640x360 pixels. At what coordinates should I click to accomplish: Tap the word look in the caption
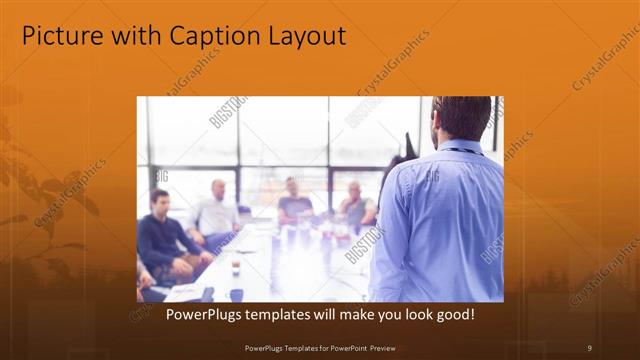(409, 314)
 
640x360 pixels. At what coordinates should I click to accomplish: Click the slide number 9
(589, 347)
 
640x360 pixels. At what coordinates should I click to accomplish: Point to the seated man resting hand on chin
(355, 205)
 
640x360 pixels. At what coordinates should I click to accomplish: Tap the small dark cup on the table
(236, 268)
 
